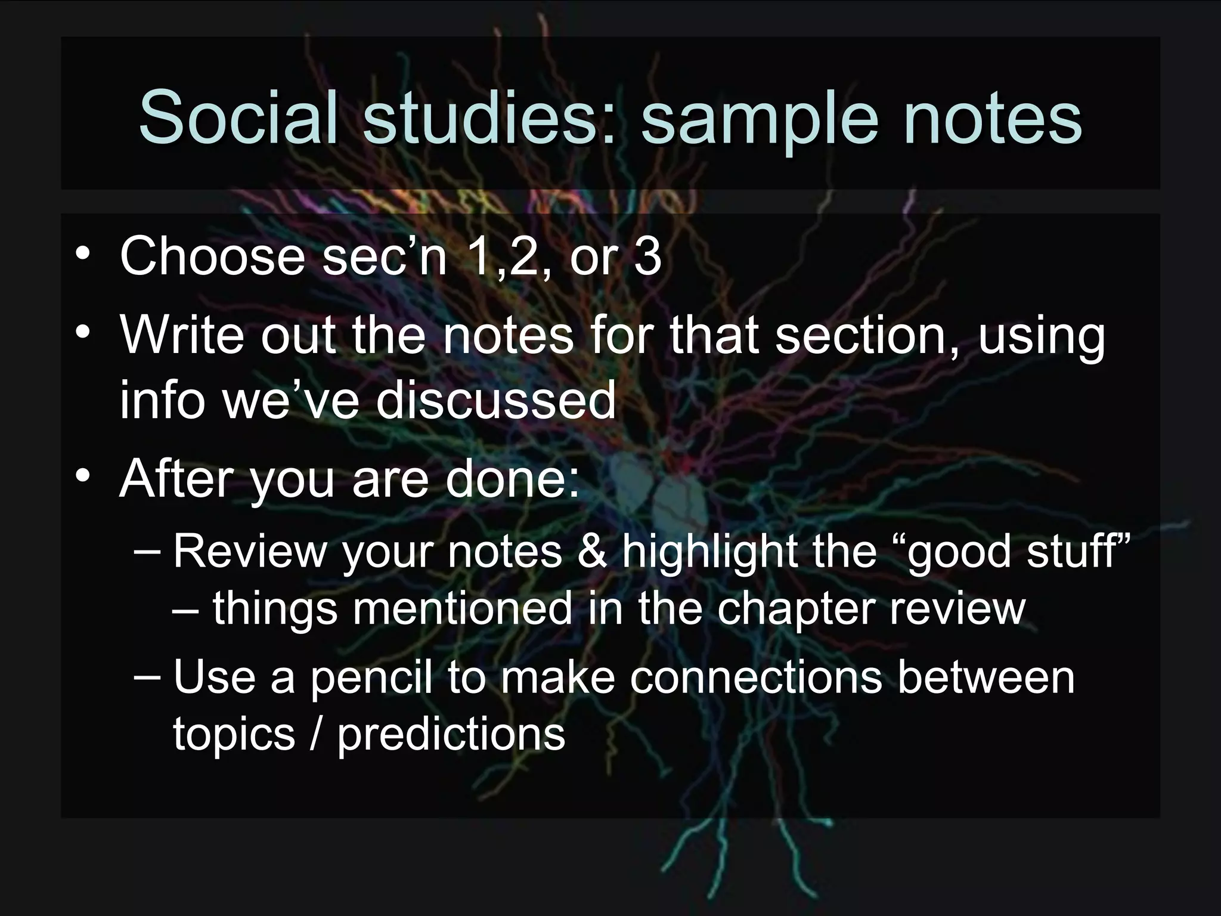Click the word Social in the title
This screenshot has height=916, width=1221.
(236, 117)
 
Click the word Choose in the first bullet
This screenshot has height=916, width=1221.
(212, 256)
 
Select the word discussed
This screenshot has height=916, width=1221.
(495, 400)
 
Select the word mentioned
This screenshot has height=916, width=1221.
(461, 608)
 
